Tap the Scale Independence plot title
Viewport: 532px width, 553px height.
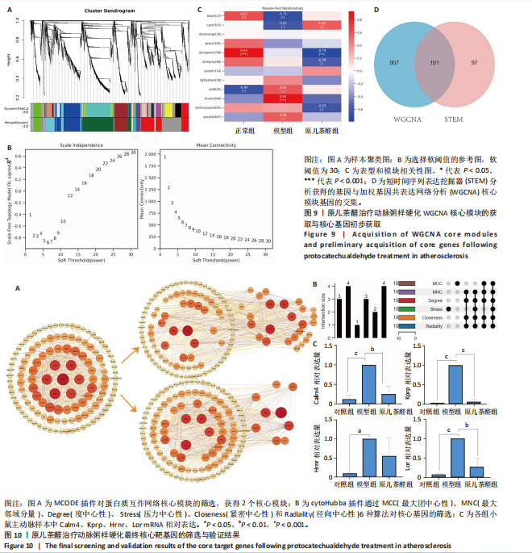point(77,146)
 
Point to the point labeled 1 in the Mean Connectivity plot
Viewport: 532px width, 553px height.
point(164,157)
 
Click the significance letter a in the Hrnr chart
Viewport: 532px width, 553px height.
point(358,432)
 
